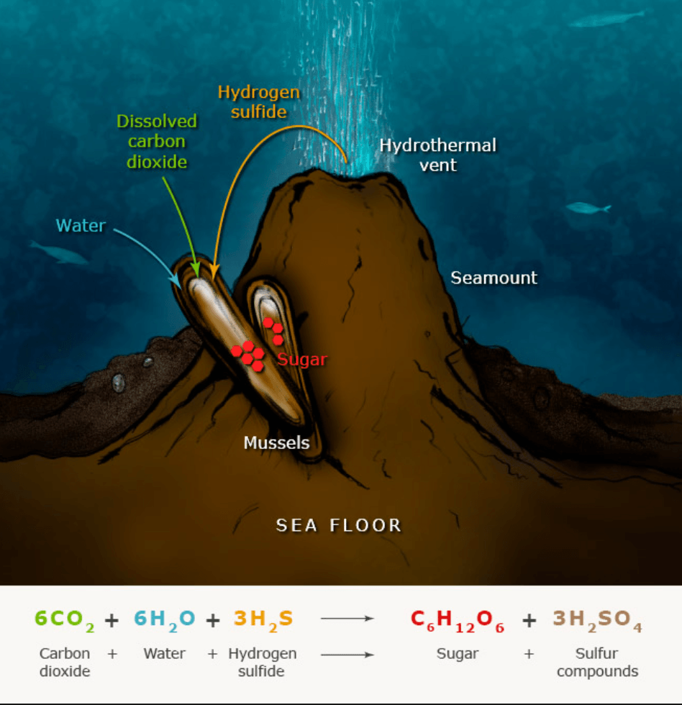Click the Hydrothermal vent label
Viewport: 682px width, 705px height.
tap(437, 155)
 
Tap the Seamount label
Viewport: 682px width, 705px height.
tap(494, 278)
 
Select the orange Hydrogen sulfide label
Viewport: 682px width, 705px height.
tap(258, 101)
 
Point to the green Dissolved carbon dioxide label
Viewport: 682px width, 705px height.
tap(157, 142)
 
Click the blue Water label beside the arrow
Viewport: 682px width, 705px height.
tap(81, 226)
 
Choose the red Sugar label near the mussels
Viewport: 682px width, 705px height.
tap(302, 359)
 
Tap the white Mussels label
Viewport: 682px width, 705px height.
tap(276, 442)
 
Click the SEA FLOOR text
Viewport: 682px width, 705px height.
tap(339, 525)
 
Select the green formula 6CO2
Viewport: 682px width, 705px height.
tap(65, 619)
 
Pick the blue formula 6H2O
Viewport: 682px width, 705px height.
tap(163, 619)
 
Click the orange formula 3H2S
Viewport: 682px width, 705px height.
tap(263, 619)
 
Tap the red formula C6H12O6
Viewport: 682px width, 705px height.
tap(458, 619)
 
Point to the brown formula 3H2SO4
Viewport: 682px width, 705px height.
tap(597, 619)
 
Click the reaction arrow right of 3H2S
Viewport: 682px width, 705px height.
tap(347, 619)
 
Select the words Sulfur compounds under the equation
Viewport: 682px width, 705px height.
tap(597, 663)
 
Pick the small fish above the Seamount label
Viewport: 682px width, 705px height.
tap(588, 208)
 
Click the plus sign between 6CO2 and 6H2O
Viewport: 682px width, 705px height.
tap(112, 619)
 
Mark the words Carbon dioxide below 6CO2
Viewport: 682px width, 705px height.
tap(65, 663)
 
